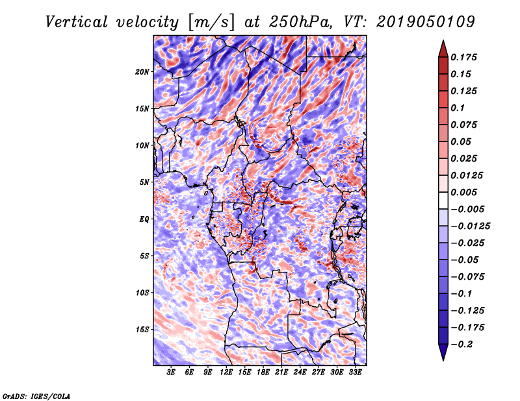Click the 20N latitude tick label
coord(143,71)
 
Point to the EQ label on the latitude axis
coord(144,219)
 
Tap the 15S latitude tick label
coord(143,329)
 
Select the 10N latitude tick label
coord(143,145)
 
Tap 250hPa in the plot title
coord(304,21)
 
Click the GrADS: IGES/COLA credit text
coord(36,395)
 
